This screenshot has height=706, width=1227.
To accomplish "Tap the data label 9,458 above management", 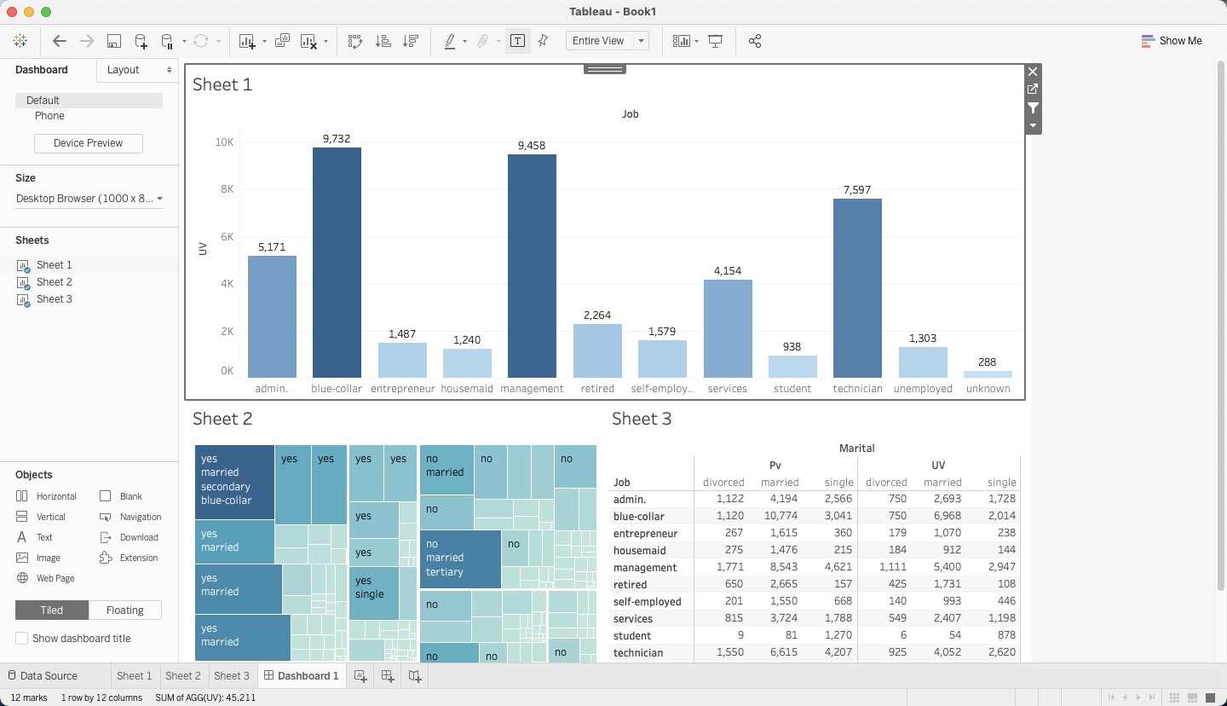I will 531,146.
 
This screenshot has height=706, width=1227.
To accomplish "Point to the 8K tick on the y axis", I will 225,189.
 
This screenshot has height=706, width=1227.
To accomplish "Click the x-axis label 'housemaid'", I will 467,389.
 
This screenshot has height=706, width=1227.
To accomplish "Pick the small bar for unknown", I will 988,374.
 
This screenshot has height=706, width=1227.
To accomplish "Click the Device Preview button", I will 89,143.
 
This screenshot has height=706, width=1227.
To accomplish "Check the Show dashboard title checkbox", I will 22,639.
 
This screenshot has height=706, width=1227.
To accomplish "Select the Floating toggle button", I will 124,611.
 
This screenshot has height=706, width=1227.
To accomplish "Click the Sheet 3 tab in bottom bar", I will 232,676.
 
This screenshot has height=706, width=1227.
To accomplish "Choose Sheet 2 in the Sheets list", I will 54,282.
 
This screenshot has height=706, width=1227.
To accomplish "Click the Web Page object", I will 55,578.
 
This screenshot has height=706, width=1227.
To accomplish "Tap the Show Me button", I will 1172,41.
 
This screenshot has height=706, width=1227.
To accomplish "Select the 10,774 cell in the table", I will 780,517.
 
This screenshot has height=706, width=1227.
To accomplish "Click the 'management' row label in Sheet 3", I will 645,568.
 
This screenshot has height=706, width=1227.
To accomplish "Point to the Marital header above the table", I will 856,448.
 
